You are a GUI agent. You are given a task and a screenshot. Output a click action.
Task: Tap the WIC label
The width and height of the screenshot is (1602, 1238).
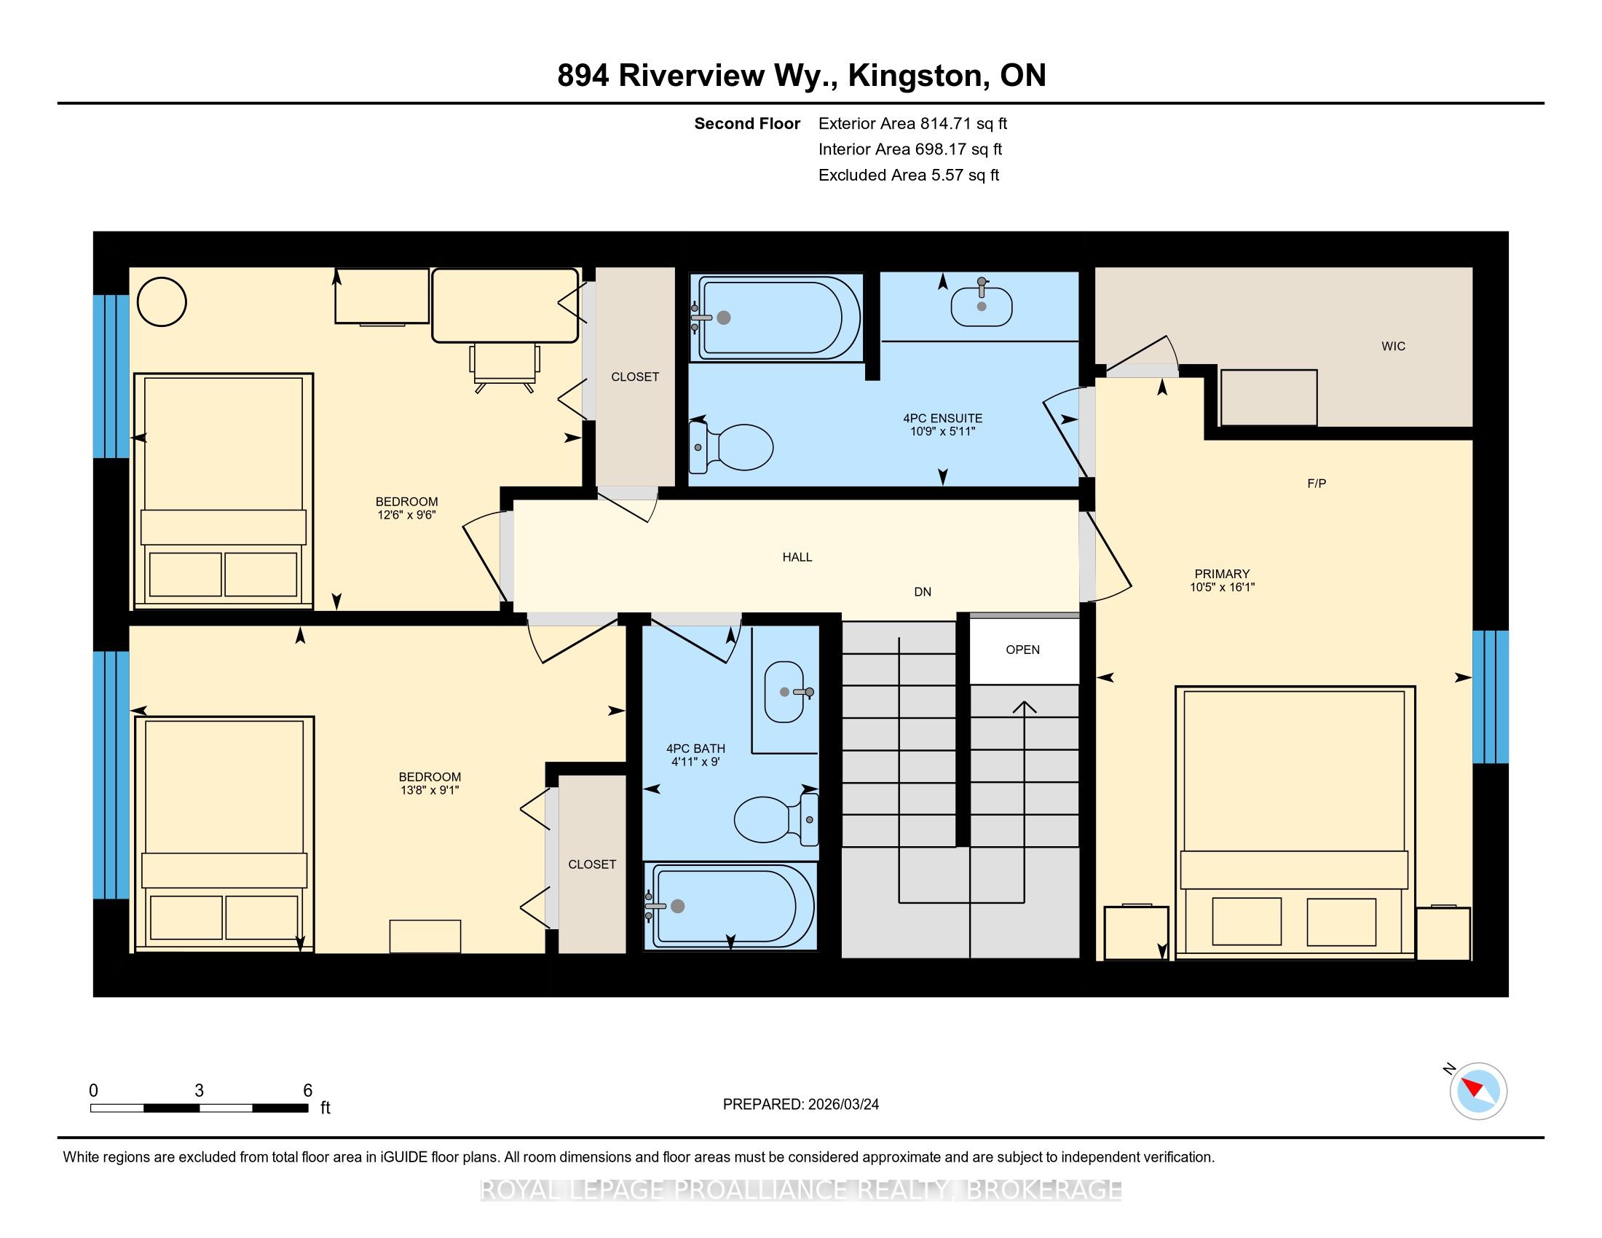pyautogui.click(x=1393, y=346)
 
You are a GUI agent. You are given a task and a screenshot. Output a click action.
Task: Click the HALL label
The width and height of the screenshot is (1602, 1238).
pyautogui.click(x=797, y=557)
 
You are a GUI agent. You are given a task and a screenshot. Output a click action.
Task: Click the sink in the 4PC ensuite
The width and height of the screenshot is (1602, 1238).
pyautogui.click(x=982, y=304)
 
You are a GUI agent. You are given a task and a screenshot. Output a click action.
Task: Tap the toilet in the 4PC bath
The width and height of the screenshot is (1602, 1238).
pyautogui.click(x=776, y=820)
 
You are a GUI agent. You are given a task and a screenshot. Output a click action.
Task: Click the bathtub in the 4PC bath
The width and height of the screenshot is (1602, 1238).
pyautogui.click(x=730, y=907)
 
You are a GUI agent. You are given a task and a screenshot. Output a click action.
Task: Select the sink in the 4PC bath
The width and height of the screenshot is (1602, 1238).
pyautogui.click(x=788, y=692)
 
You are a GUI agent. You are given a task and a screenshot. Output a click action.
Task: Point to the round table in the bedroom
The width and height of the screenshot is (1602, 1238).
pyautogui.click(x=162, y=301)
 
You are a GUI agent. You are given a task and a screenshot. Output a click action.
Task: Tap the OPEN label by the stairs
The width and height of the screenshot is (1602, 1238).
pyautogui.click(x=1022, y=650)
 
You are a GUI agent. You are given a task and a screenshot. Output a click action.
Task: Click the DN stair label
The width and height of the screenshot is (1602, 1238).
pyautogui.click(x=923, y=592)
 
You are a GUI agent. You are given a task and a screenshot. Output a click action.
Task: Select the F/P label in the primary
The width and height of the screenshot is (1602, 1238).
pyautogui.click(x=1317, y=484)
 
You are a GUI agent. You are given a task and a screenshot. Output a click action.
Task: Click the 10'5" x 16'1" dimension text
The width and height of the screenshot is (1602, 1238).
pyautogui.click(x=1222, y=587)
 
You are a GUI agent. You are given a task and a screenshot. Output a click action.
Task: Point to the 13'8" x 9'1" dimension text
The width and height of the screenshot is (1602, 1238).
pyautogui.click(x=429, y=790)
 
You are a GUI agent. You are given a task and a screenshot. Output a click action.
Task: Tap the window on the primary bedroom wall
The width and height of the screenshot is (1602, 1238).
pyautogui.click(x=1491, y=697)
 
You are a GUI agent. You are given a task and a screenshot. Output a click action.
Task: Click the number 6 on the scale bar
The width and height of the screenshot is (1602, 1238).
pyautogui.click(x=308, y=1091)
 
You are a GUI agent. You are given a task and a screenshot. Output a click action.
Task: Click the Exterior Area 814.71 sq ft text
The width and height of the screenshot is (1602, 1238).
pyautogui.click(x=913, y=124)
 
